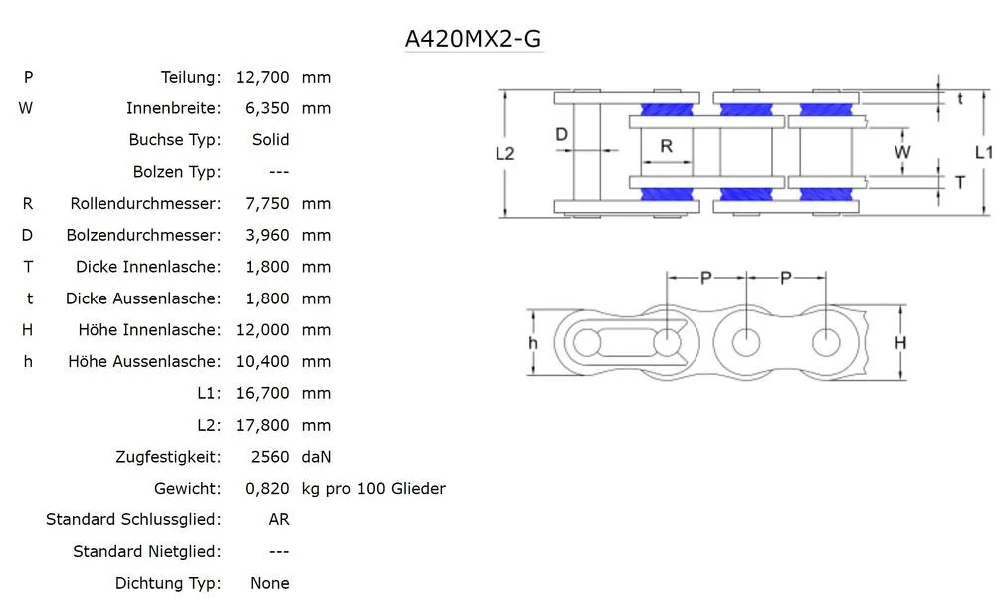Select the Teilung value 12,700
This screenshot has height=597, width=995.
262,77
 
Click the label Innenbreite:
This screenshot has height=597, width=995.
173,108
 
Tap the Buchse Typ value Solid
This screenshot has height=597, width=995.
270,140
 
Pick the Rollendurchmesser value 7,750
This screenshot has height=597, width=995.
267,204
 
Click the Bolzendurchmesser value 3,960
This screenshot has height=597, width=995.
267,236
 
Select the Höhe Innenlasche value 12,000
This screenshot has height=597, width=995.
262,330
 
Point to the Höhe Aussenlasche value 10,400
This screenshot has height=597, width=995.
262,362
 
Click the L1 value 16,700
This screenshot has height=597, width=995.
262,394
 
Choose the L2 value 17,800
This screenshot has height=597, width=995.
262,426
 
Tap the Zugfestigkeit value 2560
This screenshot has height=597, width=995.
271,458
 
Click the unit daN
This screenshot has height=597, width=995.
316,458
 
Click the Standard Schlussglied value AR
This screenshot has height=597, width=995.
279,520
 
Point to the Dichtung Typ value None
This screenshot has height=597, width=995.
270,584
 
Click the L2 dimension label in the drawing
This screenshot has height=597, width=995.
505,153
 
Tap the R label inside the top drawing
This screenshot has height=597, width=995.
666,146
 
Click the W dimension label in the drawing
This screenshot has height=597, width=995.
902,152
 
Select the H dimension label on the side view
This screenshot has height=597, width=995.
900,343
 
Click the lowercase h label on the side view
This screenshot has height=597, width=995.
533,343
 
